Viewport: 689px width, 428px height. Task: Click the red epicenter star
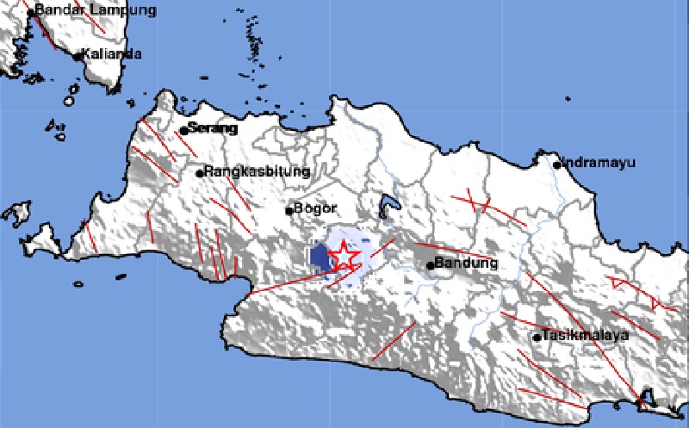(343, 256)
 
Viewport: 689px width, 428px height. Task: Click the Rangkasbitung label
(257, 171)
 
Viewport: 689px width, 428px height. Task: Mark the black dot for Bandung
(431, 265)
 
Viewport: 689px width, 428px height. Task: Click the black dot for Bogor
(289, 210)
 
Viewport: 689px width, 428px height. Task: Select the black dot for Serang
(183, 131)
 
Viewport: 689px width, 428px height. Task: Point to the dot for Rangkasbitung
(200, 173)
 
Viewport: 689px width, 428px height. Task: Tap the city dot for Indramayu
(557, 164)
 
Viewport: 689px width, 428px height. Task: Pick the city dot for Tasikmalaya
(537, 337)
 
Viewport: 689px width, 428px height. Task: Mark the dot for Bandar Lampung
(30, 12)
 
